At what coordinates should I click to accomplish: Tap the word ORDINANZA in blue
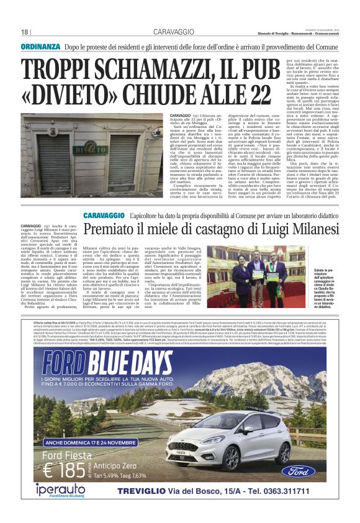40,47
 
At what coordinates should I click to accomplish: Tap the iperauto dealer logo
62,491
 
